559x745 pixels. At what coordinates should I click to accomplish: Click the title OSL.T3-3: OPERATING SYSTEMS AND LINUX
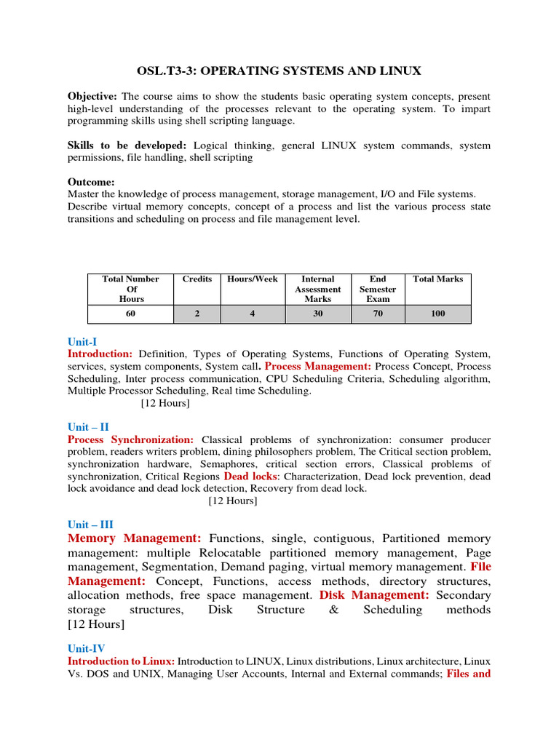click(279, 71)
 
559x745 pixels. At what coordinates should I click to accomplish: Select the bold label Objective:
click(92, 97)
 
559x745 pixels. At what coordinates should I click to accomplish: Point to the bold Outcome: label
click(91, 182)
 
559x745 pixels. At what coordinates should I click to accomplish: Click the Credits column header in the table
click(197, 279)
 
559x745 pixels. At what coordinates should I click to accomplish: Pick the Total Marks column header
click(437, 279)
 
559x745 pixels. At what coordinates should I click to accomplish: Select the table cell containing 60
click(130, 314)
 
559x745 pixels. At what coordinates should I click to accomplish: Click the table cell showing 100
click(437, 314)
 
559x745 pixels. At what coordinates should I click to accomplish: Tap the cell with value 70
click(378, 314)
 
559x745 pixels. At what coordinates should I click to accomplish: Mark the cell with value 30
click(317, 314)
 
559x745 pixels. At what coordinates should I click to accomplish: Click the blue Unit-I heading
click(82, 342)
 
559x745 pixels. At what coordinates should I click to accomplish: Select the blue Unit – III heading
click(90, 525)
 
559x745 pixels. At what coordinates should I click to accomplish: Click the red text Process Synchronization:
click(130, 440)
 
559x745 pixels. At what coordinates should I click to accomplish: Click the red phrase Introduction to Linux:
click(121, 661)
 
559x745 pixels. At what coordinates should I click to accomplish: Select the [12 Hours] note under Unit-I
click(165, 403)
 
